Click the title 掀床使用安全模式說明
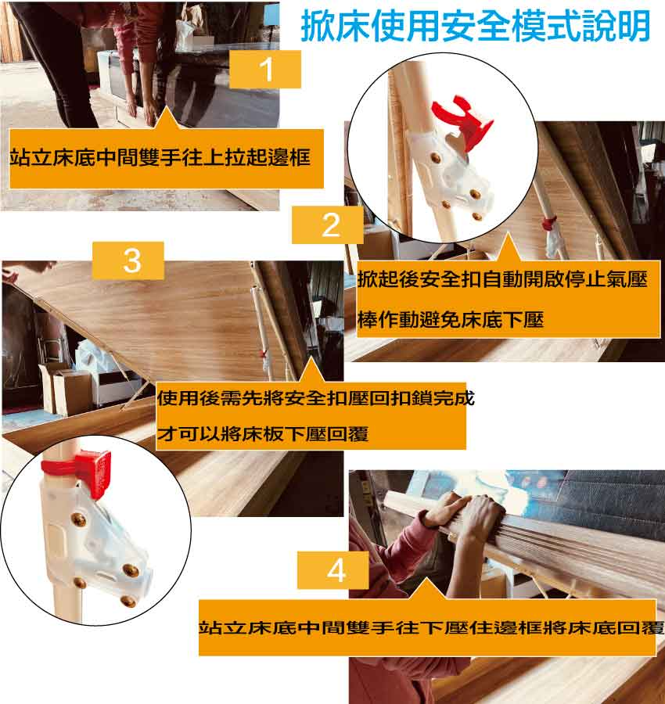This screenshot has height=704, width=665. pos(476,26)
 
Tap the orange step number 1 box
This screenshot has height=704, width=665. pos(265,69)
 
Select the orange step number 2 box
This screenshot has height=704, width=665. pos(328,225)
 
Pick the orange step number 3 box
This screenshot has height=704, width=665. pos(128,260)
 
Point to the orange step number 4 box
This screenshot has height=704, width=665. pos(332,570)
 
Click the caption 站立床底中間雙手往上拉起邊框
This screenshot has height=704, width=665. pos(160,157)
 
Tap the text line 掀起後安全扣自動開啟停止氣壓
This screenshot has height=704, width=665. pos(502,279)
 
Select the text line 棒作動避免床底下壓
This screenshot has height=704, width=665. pos(451,319)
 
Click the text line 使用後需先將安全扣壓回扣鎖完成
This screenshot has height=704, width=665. pos(315,398)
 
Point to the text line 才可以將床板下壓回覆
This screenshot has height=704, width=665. pos(263,433)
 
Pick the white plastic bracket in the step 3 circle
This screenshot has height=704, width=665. pos(97,541)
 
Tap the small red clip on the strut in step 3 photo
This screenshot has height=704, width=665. pos(264,354)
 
